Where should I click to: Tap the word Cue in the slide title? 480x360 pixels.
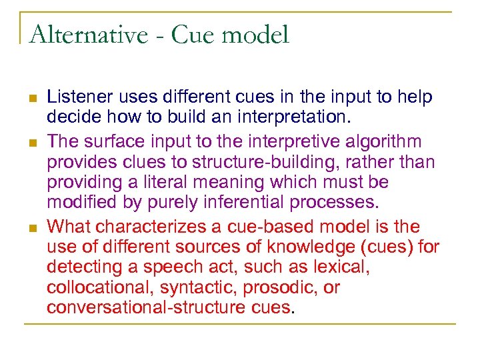point(193,35)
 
